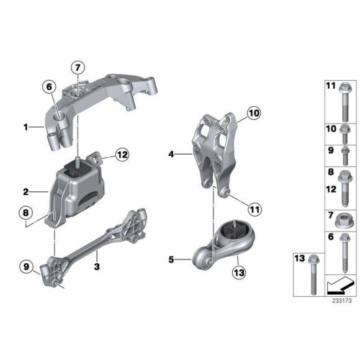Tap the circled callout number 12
click(120, 155)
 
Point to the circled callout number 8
click(25, 213)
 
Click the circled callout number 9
click(25, 268)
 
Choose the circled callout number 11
click(254, 209)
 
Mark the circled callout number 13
click(239, 271)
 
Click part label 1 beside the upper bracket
click(25, 127)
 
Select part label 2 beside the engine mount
click(25, 192)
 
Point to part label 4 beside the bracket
click(170, 152)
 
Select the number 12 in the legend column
click(330, 184)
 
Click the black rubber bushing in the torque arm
click(230, 235)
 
